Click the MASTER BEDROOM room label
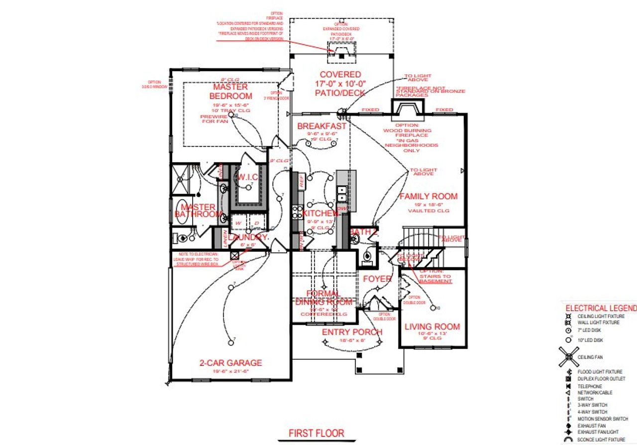pos(230,91)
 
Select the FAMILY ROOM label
pos(428,196)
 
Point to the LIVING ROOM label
pos(432,327)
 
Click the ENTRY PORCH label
pos(352,332)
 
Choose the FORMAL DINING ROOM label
pos(324,298)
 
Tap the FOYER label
pos(377,279)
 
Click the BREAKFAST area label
pos(321,126)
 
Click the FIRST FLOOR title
pos(317,433)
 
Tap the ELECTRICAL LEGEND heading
pos(601,308)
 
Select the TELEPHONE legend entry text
pos(590,386)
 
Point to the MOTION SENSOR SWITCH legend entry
pos(602,419)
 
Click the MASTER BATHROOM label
pos(198,210)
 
